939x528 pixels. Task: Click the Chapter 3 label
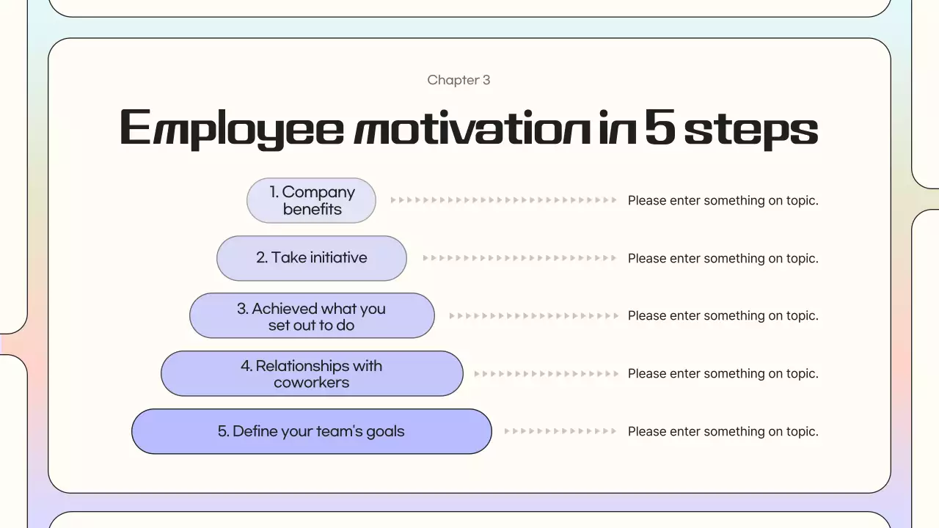tap(458, 80)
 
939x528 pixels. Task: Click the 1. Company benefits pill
tap(311, 200)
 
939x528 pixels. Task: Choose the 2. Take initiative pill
tap(311, 258)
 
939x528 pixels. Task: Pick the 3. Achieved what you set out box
tap(311, 316)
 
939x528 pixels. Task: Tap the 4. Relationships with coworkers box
tap(311, 373)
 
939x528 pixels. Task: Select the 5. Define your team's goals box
tap(311, 431)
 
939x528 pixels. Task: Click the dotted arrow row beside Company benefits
tap(503, 200)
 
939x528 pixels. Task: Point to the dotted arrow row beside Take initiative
tap(519, 258)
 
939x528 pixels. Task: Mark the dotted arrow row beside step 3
tap(533, 316)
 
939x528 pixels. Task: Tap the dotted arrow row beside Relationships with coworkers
tap(546, 373)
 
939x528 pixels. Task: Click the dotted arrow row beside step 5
tap(560, 431)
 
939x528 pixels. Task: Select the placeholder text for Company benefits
tap(723, 200)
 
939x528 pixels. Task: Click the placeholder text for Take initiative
tap(723, 258)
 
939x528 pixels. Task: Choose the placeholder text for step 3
tap(723, 316)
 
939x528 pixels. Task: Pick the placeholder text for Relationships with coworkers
tap(723, 373)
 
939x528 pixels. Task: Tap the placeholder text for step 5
tap(723, 431)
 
